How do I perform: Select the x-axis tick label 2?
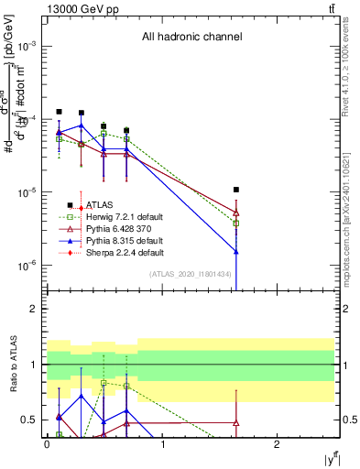pos(277,444)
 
